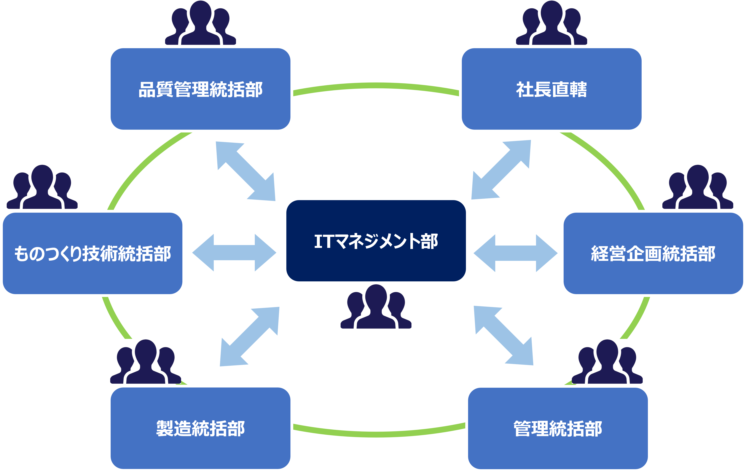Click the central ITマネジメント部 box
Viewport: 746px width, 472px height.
(375, 241)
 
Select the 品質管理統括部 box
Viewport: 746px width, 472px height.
(201, 89)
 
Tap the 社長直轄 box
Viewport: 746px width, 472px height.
(552, 89)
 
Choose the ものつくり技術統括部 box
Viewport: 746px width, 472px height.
(93, 253)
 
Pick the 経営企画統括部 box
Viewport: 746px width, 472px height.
(653, 253)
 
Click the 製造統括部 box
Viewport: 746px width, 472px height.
(201, 428)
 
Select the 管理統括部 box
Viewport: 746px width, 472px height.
(558, 428)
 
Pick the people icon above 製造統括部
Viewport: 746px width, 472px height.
(146, 361)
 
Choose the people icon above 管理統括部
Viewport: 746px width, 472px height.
(607, 361)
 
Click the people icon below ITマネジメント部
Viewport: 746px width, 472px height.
(376, 306)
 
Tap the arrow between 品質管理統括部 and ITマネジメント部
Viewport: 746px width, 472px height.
(245, 171)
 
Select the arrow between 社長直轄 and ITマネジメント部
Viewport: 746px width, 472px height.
(501, 169)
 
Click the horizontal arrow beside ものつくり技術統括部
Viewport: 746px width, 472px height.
(234, 253)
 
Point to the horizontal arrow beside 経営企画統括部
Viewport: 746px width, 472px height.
(515, 253)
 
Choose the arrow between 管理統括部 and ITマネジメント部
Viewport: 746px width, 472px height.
(504, 336)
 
